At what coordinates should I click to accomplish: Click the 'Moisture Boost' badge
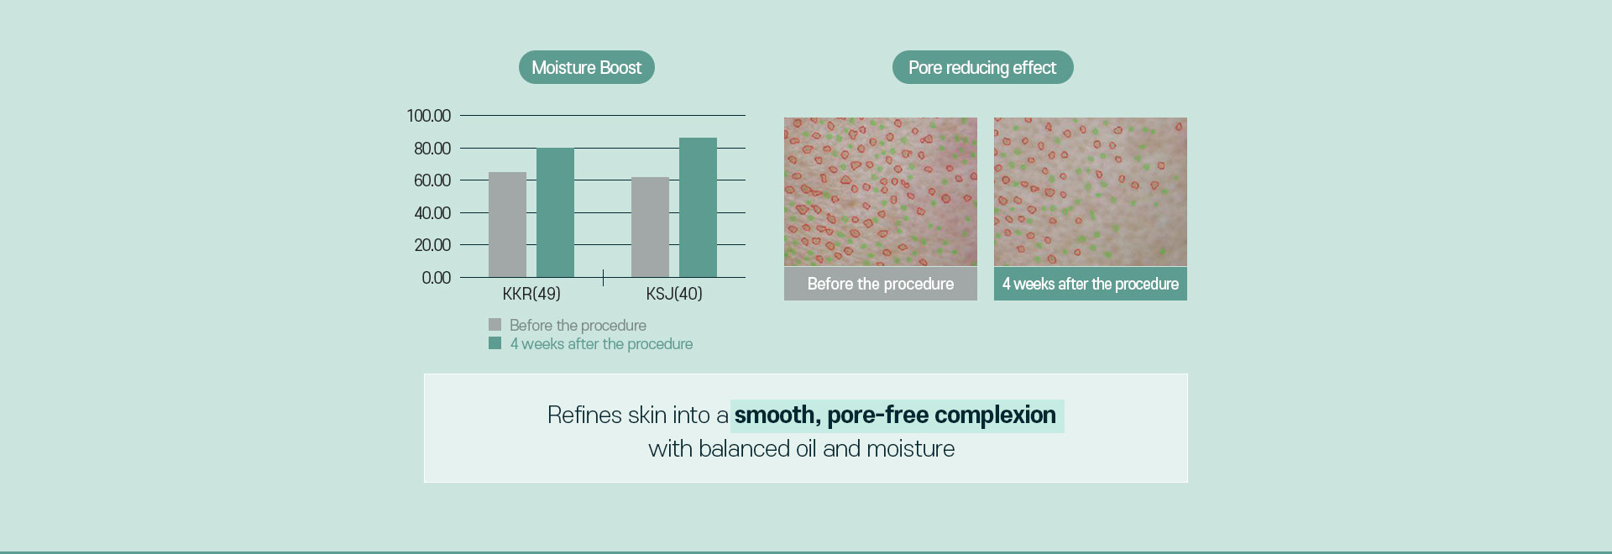pos(586,67)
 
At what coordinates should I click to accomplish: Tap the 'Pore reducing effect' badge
pos(982,67)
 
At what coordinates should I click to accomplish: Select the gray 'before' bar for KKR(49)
pos(507,225)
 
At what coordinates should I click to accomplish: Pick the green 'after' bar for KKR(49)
pos(555,212)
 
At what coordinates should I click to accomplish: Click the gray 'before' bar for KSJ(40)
pos(650,227)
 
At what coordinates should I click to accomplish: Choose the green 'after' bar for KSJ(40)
pos(698,207)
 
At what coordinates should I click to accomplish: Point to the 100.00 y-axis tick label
pos(428,116)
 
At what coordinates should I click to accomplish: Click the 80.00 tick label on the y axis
pos(432,149)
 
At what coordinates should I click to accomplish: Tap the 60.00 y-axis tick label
pos(432,180)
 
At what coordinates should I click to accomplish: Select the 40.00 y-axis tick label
pos(432,213)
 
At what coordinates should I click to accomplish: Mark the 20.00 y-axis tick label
pos(432,245)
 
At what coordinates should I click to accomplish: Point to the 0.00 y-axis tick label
pos(436,278)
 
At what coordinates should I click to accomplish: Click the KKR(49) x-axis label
pos(531,294)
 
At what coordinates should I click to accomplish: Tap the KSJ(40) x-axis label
pos(674,294)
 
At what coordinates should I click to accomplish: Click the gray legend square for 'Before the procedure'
pos(495,324)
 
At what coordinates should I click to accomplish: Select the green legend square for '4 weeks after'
pos(495,342)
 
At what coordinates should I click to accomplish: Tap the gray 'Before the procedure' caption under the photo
pos(881,284)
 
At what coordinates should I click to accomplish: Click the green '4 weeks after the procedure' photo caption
pos(1091,284)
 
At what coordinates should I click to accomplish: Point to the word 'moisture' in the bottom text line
pos(910,449)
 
